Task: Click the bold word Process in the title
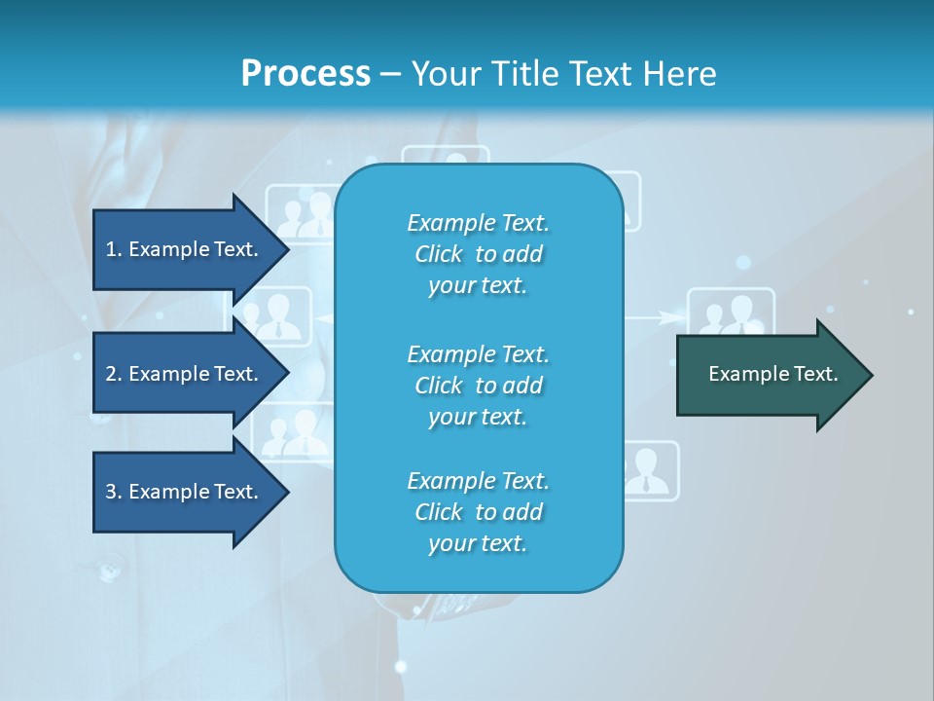click(305, 74)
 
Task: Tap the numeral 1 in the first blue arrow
click(111, 249)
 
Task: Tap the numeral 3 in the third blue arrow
click(111, 492)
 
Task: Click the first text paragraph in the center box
click(478, 254)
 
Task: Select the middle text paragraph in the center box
click(478, 386)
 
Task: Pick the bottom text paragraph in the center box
click(478, 512)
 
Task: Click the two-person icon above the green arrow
click(731, 312)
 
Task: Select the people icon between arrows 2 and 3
click(292, 432)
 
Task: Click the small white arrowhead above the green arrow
click(668, 316)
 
